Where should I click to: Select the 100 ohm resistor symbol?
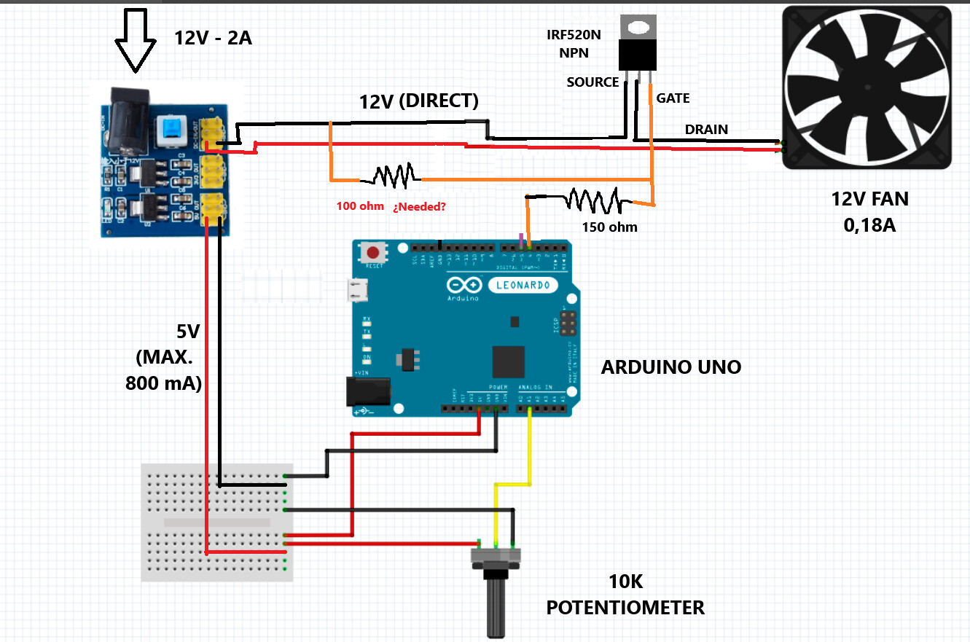[x=394, y=176]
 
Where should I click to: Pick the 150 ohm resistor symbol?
[x=593, y=199]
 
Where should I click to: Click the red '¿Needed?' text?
[x=420, y=206]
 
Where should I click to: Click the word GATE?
[x=673, y=98]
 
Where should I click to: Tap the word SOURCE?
[x=592, y=82]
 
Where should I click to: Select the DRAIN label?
[x=705, y=129]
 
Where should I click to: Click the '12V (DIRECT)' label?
[x=418, y=101]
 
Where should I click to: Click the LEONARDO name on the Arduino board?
[x=523, y=284]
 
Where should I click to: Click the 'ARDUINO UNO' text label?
[x=670, y=367]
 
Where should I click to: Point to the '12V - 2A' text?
[x=213, y=38]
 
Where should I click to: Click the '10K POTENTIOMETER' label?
[x=625, y=595]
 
